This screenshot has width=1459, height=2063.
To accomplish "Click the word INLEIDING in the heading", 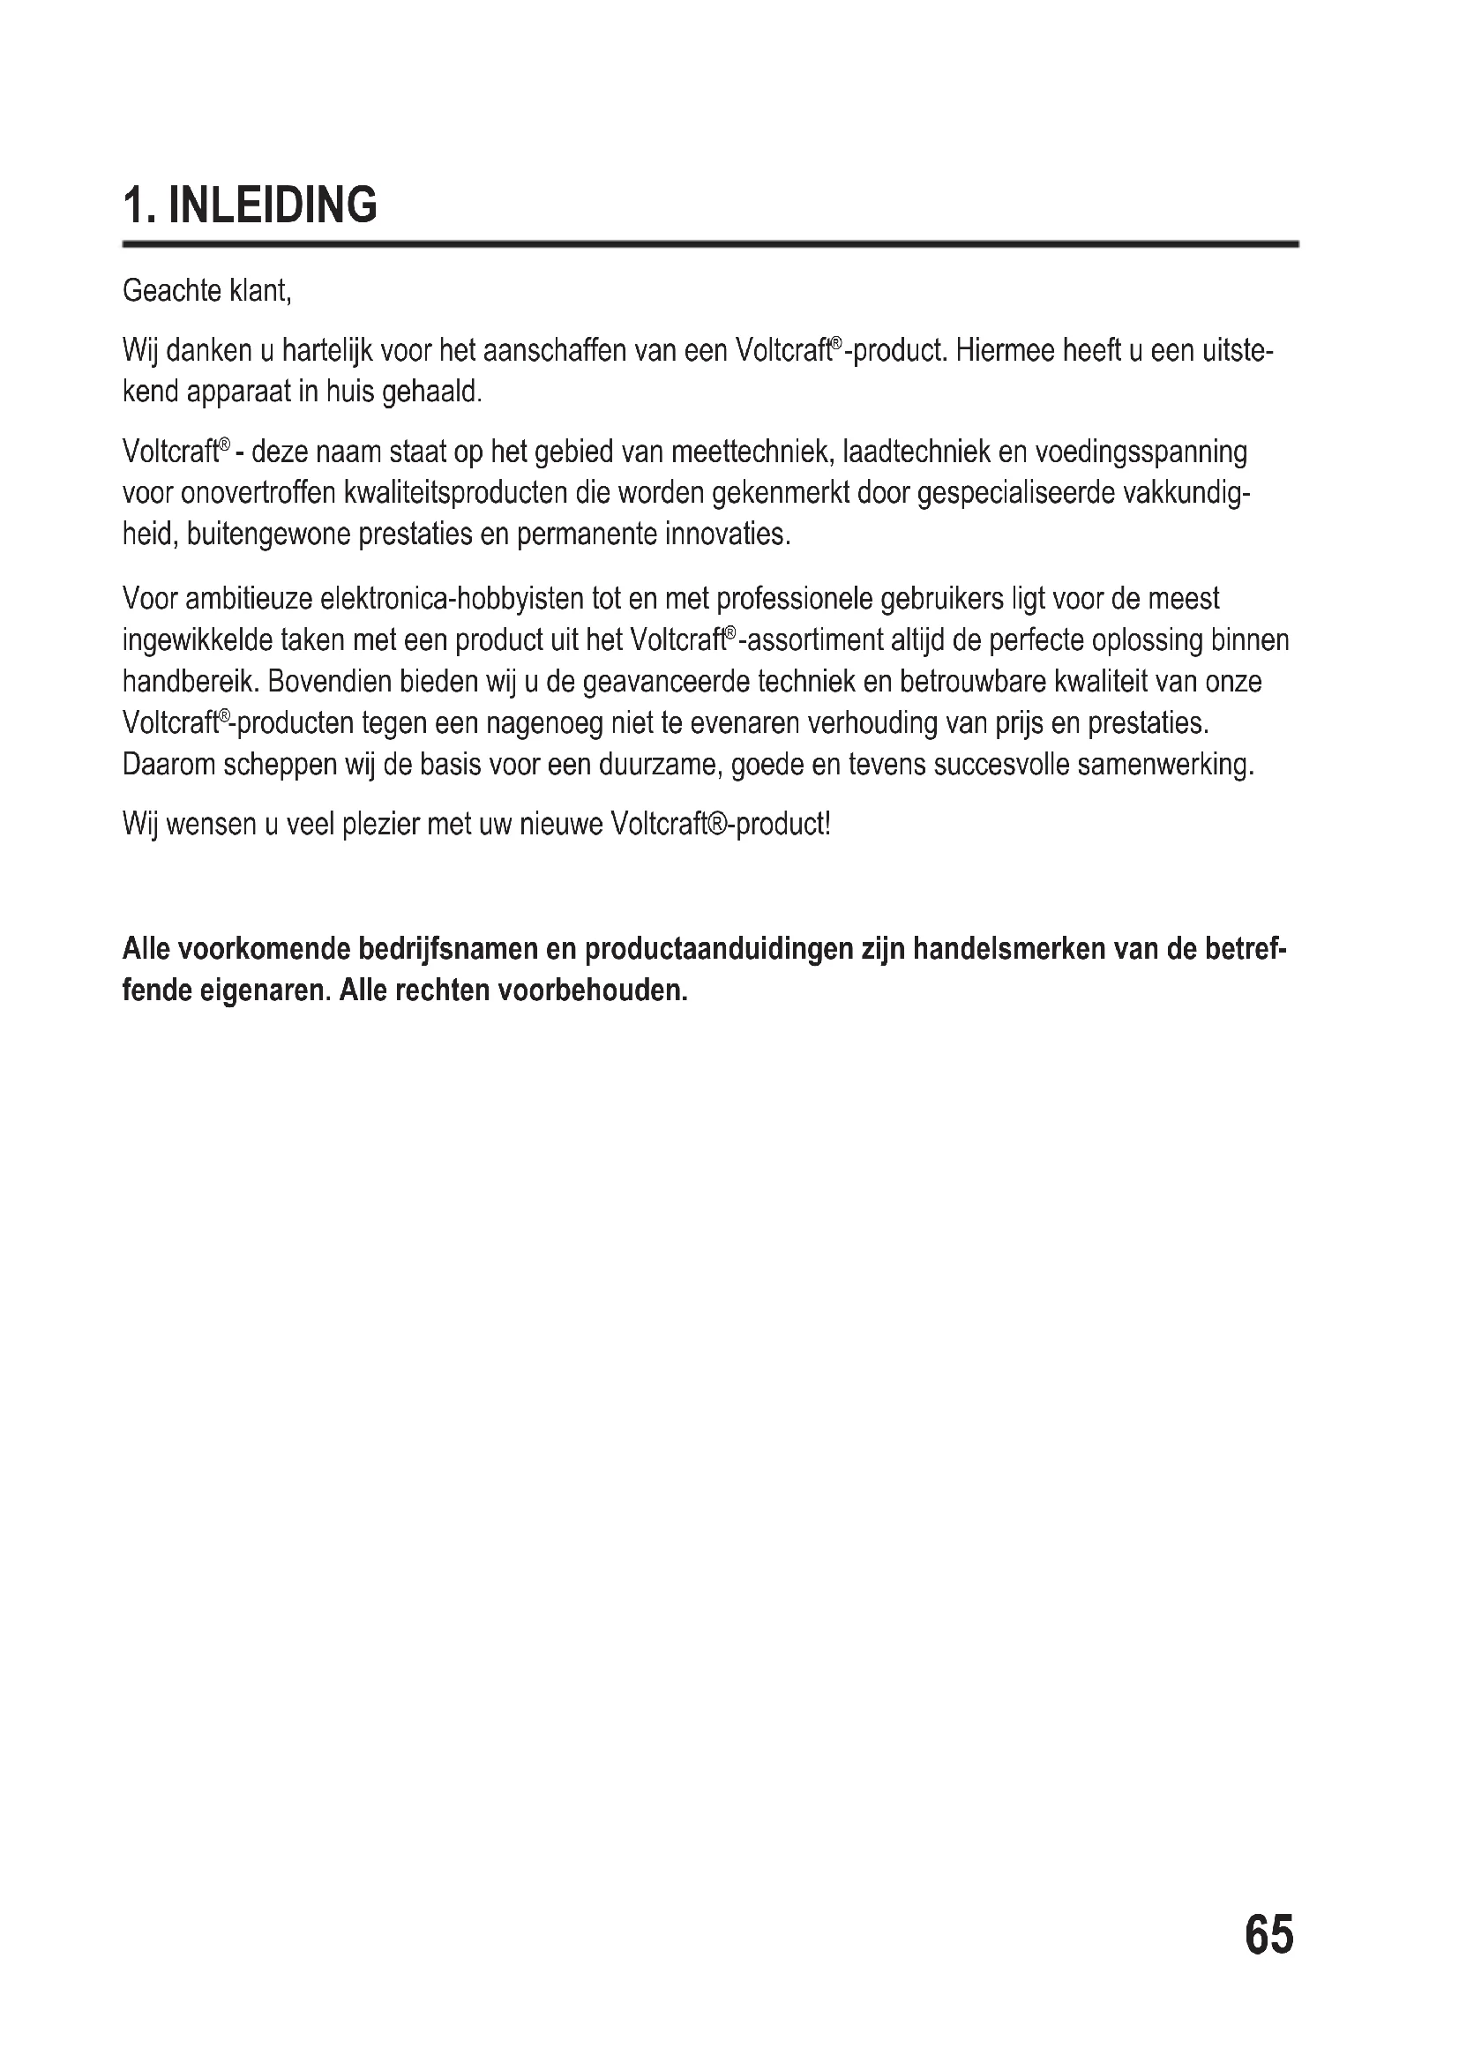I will pos(273,205).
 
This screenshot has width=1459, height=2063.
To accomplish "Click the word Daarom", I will pos(168,765).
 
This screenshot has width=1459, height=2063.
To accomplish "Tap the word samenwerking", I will pos(1165,765).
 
